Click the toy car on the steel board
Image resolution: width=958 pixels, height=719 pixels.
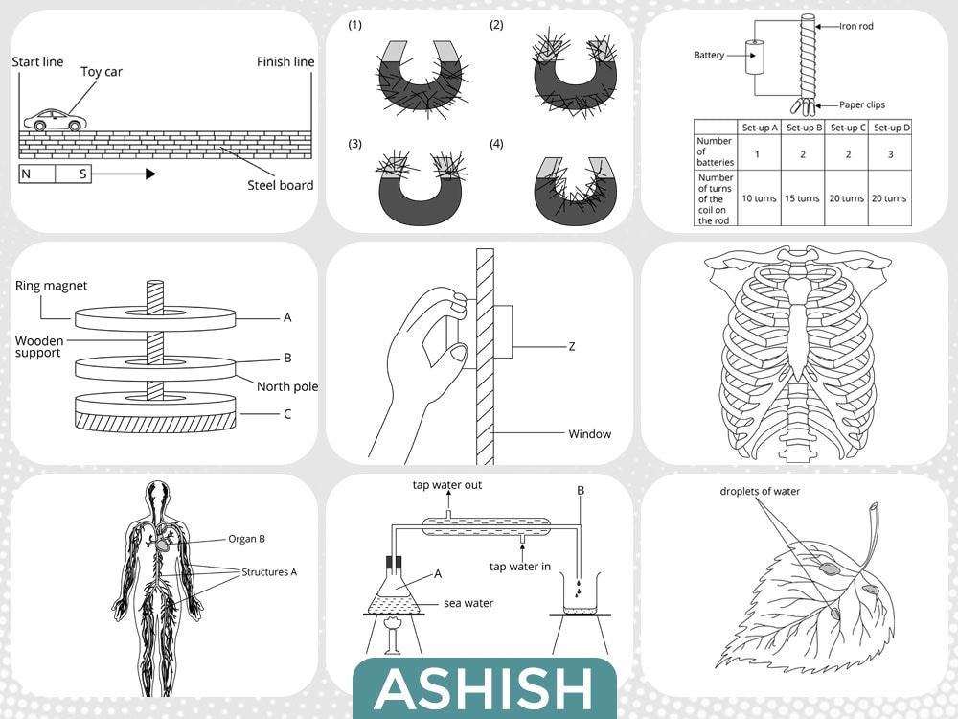[55, 120]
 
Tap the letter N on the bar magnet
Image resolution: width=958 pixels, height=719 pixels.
[26, 174]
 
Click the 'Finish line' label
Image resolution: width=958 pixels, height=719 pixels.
[285, 61]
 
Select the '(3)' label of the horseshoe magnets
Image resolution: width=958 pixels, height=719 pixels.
[355, 144]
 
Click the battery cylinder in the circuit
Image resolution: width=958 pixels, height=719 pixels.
[755, 58]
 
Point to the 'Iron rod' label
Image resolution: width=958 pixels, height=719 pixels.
[855, 26]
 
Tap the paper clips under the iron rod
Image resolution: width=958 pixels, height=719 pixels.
[803, 106]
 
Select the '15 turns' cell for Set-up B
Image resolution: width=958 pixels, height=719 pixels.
[802, 198]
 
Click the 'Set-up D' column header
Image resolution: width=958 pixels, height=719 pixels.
[891, 128]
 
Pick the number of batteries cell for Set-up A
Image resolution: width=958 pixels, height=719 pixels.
[757, 154]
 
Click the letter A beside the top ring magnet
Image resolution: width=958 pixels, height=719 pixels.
[287, 317]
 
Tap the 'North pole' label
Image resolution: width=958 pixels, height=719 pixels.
[287, 386]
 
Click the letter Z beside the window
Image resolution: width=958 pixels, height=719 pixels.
[572, 347]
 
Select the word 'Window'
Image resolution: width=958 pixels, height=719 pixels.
[589, 434]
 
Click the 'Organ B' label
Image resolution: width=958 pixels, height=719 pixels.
[246, 539]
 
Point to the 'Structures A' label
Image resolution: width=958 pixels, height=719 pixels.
[269, 572]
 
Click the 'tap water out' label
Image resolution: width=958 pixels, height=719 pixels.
[447, 485]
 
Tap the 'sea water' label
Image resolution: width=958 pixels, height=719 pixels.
[468, 603]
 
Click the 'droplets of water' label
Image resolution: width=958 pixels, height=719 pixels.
[760, 491]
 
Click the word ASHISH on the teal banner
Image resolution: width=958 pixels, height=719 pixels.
[484, 689]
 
